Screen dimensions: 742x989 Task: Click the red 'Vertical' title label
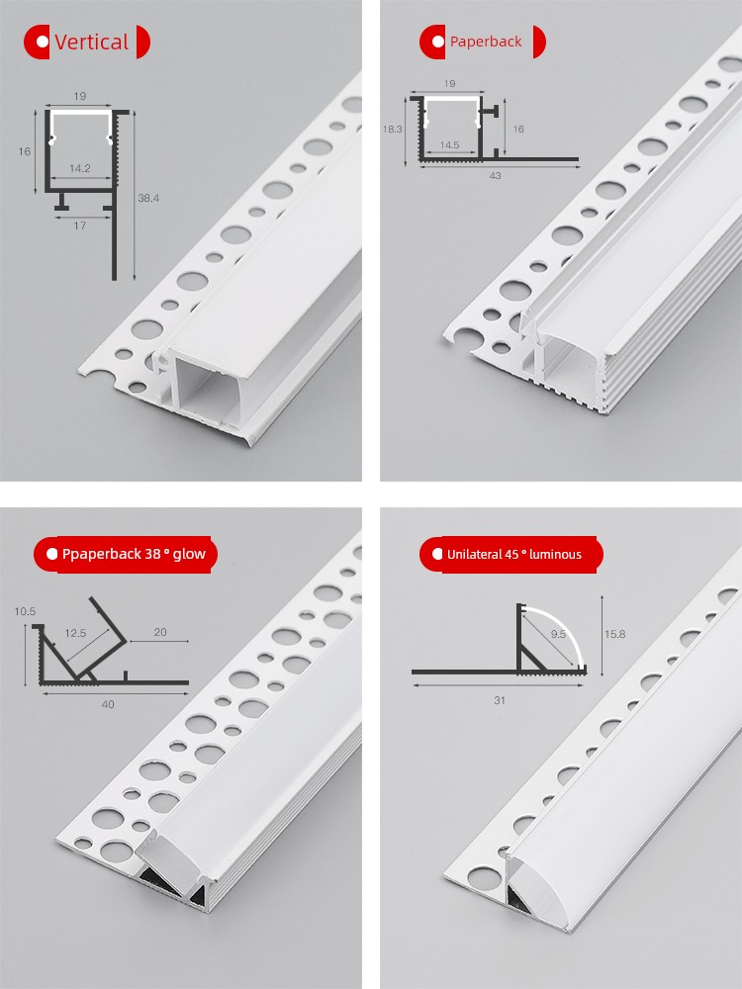pyautogui.click(x=87, y=43)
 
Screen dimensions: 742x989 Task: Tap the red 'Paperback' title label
pyautogui.click(x=483, y=42)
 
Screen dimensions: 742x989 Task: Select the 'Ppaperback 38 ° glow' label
pyautogui.click(x=126, y=555)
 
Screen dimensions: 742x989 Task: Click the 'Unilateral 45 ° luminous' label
pyautogui.click(x=511, y=555)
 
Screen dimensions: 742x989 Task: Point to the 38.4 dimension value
pyautogui.click(x=148, y=198)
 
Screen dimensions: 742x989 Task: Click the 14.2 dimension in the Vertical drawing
pyautogui.click(x=80, y=168)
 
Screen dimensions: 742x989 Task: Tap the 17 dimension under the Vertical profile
pyautogui.click(x=79, y=225)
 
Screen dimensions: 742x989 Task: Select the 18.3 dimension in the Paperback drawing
pyautogui.click(x=392, y=129)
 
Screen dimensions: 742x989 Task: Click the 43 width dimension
pyautogui.click(x=496, y=175)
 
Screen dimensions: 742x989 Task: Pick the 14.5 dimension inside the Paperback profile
pyautogui.click(x=449, y=145)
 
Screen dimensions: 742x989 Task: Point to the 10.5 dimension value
pyautogui.click(x=26, y=611)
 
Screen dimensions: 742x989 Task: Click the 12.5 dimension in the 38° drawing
pyautogui.click(x=75, y=633)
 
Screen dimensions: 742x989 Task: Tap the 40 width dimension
pyautogui.click(x=108, y=704)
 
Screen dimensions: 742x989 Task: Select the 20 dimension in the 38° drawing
pyautogui.click(x=160, y=632)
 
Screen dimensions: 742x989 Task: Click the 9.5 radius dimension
pyautogui.click(x=558, y=634)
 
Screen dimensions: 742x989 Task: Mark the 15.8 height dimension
pyautogui.click(x=614, y=634)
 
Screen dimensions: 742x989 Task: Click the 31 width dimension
pyautogui.click(x=500, y=700)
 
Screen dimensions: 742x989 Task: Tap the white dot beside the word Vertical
pyautogui.click(x=43, y=42)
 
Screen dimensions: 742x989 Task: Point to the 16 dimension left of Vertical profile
pyautogui.click(x=25, y=151)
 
